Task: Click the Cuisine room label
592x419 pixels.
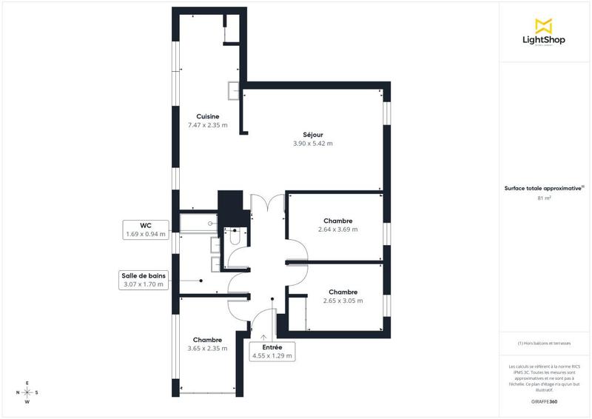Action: (207, 116)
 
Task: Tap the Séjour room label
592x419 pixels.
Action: (313, 134)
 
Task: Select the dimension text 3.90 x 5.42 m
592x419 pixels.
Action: (313, 144)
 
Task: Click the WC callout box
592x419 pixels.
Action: (146, 229)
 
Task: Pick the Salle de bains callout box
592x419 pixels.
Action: (145, 279)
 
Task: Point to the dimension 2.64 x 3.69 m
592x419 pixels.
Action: (337, 229)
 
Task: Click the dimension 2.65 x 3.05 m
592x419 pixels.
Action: (343, 301)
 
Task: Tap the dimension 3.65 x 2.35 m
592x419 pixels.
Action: (207, 349)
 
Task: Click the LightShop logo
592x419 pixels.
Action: (544, 33)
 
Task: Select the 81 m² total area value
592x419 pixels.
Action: (545, 198)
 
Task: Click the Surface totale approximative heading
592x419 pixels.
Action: (544, 189)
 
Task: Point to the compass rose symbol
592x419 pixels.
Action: (27, 392)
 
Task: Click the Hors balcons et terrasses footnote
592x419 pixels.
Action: (544, 343)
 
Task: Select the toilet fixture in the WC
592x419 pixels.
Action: (235, 238)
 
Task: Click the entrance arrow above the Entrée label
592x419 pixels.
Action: (264, 337)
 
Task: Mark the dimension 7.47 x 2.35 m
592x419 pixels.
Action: (207, 125)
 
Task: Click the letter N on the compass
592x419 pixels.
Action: (17, 392)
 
